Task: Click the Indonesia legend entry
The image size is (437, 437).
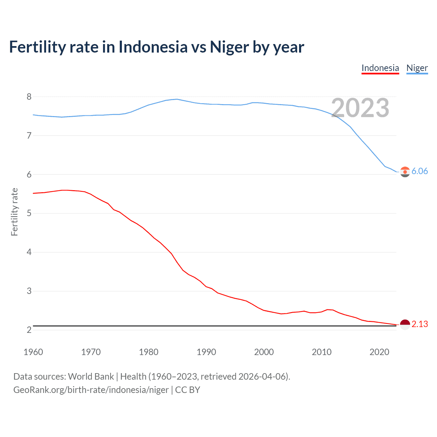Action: (x=380, y=68)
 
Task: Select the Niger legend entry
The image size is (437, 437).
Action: (x=417, y=68)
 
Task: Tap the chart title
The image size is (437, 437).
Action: (x=156, y=47)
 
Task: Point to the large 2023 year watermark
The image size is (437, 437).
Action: (x=360, y=108)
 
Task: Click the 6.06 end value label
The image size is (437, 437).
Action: (x=420, y=171)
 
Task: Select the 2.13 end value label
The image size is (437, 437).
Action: (x=420, y=324)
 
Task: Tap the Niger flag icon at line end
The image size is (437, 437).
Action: (x=405, y=172)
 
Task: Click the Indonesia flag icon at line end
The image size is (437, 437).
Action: (x=405, y=325)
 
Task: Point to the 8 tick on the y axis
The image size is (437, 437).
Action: (x=29, y=97)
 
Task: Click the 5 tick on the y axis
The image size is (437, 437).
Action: (x=29, y=213)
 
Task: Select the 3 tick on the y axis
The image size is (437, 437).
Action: (x=29, y=291)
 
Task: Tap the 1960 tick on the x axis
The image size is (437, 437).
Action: (x=33, y=352)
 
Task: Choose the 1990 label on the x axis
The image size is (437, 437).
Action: (x=206, y=352)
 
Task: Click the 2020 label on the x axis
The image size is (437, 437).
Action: (x=379, y=352)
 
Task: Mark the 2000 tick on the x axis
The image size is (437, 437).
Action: (x=264, y=352)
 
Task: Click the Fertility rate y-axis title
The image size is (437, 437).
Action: (x=14, y=212)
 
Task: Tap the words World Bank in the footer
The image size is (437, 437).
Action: (x=91, y=377)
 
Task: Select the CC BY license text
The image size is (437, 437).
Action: (x=187, y=390)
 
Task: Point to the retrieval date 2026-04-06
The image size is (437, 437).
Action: (x=263, y=377)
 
